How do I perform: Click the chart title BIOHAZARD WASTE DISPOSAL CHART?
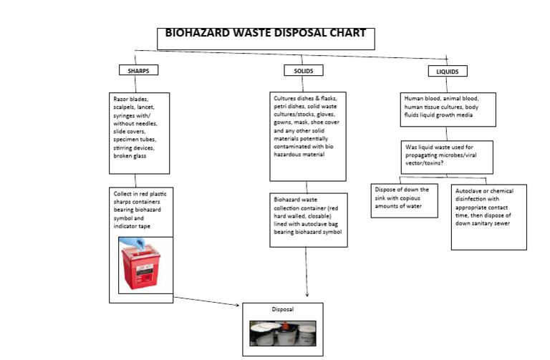click(x=265, y=33)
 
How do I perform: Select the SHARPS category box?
click(x=137, y=71)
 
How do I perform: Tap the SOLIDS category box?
click(x=303, y=71)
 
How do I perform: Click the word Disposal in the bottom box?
click(x=282, y=310)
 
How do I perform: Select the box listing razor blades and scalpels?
click(x=139, y=132)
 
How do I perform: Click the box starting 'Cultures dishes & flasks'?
click(x=308, y=136)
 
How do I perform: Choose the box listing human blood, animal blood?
click(x=447, y=110)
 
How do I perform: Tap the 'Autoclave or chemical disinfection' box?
click(x=488, y=217)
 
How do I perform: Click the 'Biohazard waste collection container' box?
click(x=308, y=219)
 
